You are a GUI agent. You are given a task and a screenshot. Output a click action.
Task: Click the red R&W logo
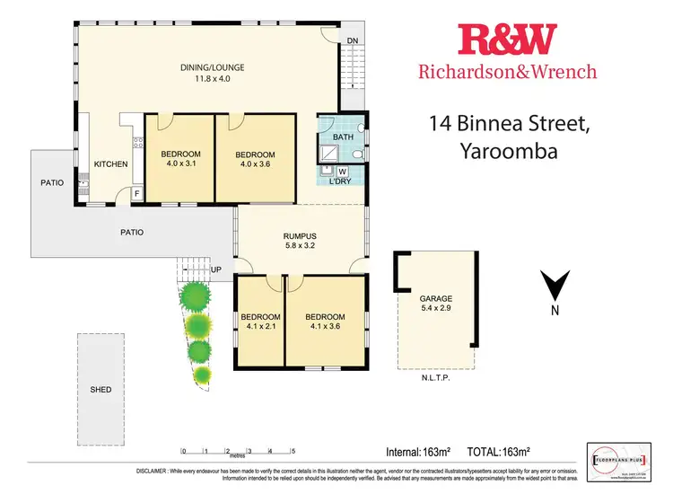(507, 40)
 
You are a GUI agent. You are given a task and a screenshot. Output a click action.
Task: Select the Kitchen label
(111, 164)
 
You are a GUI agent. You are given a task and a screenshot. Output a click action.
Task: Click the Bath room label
(343, 137)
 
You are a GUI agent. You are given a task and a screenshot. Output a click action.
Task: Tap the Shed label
(101, 390)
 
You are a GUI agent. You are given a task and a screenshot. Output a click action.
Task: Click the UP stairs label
(216, 269)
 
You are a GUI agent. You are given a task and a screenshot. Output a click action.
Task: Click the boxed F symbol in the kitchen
(136, 193)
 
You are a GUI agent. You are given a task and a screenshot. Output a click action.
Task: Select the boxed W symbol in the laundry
(342, 172)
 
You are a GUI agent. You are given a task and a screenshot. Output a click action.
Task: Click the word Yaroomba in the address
(511, 151)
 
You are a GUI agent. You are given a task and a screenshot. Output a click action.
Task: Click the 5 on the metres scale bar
(293, 451)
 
